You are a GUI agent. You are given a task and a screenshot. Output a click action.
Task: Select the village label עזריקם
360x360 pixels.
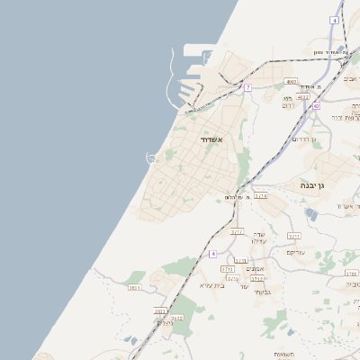(x=295, y=252)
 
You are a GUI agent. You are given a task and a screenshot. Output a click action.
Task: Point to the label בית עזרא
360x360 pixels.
(x=212, y=285)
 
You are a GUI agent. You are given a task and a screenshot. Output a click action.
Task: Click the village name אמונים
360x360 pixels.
(x=256, y=269)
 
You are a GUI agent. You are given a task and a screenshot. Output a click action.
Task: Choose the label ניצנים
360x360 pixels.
(x=164, y=323)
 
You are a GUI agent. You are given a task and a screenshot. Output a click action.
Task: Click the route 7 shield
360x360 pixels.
(x=247, y=87)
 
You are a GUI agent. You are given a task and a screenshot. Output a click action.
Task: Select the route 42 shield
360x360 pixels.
(x=317, y=106)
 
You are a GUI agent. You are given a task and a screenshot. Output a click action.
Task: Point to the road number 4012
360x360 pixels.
(x=302, y=97)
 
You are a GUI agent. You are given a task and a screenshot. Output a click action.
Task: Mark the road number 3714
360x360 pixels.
(x=260, y=195)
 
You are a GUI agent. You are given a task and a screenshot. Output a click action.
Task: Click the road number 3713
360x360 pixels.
(x=228, y=268)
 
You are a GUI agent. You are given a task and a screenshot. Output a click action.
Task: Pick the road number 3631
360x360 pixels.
(x=135, y=287)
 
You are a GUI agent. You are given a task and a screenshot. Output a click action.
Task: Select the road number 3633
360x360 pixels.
(x=161, y=310)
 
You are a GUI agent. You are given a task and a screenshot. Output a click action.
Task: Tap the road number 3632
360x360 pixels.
(x=176, y=318)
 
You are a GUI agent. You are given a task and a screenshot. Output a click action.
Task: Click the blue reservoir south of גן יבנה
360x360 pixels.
(x=310, y=214)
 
